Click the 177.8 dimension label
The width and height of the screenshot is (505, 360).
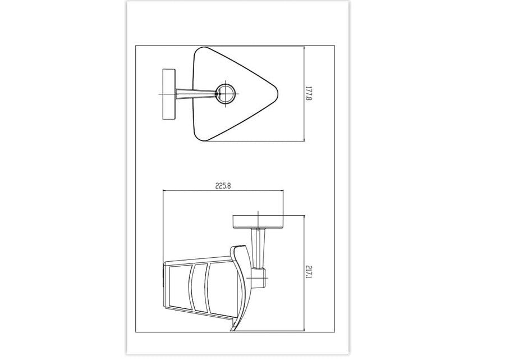[x=308, y=93]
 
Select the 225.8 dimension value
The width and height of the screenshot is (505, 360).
[x=223, y=186]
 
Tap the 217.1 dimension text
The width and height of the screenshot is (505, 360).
[x=308, y=274]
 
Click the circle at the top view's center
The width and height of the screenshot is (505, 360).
[x=226, y=93]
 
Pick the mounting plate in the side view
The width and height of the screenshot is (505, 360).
[x=258, y=222]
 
